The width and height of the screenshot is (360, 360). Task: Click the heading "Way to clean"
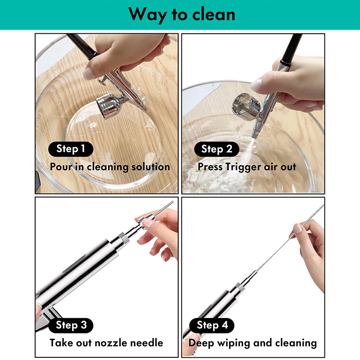(182, 14)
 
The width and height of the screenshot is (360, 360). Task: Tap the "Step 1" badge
(71, 149)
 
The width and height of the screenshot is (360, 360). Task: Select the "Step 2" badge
(216, 149)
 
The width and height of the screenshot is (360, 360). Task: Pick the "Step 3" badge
(71, 325)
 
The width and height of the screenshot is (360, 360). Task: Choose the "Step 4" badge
(212, 325)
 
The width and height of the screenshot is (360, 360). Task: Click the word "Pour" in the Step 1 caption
(61, 166)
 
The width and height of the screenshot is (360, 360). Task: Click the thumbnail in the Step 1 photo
(89, 74)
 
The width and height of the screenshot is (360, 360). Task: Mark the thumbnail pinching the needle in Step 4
(298, 229)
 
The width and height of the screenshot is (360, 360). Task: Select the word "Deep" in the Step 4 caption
(202, 343)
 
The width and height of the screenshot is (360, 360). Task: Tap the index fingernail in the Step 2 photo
(256, 85)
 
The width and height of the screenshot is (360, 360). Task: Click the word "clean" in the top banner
(214, 14)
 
